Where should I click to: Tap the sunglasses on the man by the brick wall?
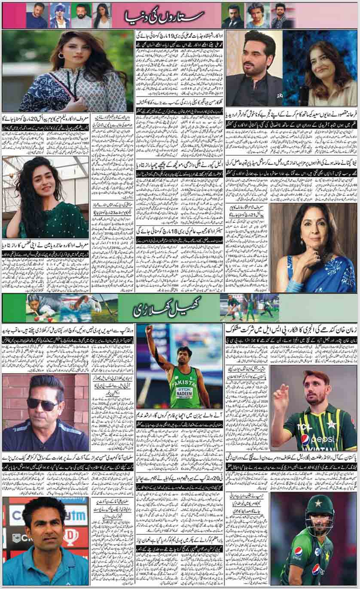click(43, 403)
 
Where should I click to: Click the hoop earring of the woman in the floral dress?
click(61, 55)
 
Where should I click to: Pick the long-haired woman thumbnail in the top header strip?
click(101, 16)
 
